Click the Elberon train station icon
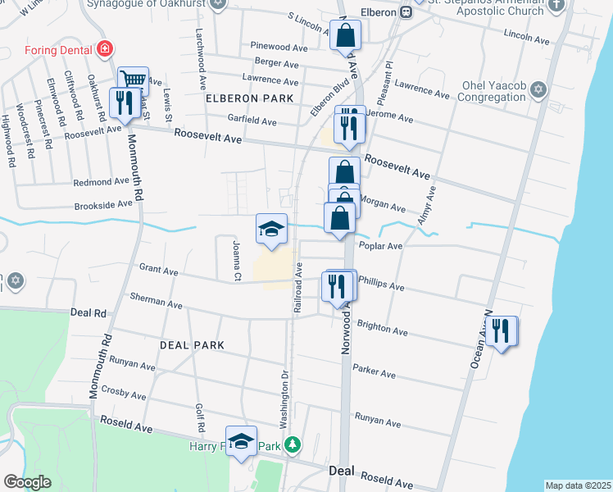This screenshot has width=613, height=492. pyautogui.click(x=406, y=11)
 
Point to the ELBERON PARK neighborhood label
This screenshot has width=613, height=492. pyautogui.click(x=249, y=98)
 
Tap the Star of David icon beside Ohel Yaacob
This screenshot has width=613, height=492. pyautogui.click(x=538, y=89)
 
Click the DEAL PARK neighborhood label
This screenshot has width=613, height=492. pyautogui.click(x=193, y=345)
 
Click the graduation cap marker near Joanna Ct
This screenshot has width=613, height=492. pyautogui.click(x=271, y=229)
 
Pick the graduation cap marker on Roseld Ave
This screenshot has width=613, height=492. pyautogui.click(x=241, y=442)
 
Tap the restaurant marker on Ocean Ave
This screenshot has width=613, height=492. pyautogui.click(x=502, y=331)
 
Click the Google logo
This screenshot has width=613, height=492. pyautogui.click(x=28, y=482)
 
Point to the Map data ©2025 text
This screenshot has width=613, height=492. pyautogui.click(x=578, y=485)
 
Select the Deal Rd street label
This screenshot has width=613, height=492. pyautogui.click(x=89, y=312)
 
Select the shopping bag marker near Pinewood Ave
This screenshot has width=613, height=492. pyautogui.click(x=346, y=35)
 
